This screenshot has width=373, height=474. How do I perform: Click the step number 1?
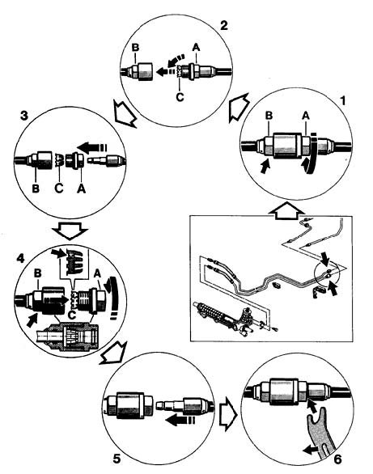342,100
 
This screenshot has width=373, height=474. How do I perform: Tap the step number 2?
224,25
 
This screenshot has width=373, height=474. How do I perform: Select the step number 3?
24,116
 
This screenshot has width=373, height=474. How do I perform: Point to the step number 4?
20,258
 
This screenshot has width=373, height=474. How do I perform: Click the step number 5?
117,459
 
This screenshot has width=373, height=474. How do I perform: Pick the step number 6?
338,459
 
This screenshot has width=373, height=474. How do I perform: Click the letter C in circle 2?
180,97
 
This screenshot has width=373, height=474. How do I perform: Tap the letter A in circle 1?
306,116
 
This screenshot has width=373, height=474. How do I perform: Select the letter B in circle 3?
36,188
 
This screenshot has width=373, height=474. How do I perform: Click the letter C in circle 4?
71,315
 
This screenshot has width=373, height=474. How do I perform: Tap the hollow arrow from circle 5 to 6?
228,417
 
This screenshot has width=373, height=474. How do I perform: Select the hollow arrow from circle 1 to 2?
238,107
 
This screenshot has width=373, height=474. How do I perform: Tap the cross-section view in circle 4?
67,336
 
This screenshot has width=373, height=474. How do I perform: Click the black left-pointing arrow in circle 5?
180,420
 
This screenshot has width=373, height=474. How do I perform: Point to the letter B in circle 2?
136,48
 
